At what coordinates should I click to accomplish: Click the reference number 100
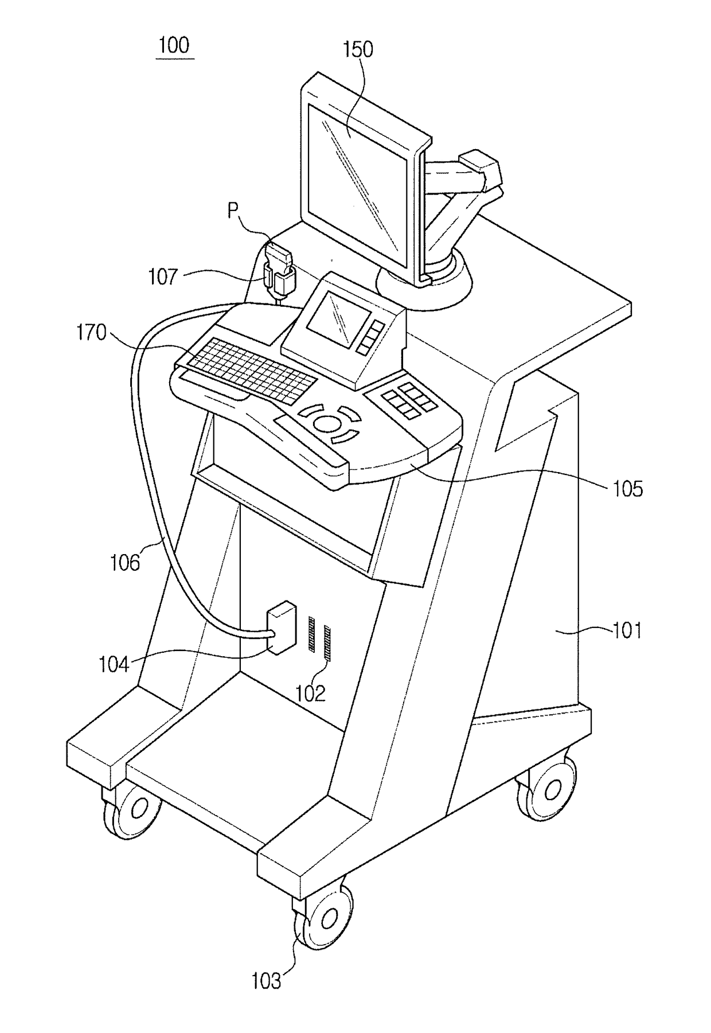click(174, 45)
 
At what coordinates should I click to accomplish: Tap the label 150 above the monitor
click(358, 50)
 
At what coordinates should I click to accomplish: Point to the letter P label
click(233, 211)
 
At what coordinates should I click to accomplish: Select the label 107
click(163, 277)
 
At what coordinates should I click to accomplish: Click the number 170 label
click(92, 333)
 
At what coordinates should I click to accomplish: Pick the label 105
click(628, 489)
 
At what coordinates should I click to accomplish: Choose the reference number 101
click(627, 631)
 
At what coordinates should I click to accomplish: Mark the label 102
click(310, 693)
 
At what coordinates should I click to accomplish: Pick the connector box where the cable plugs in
click(281, 628)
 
